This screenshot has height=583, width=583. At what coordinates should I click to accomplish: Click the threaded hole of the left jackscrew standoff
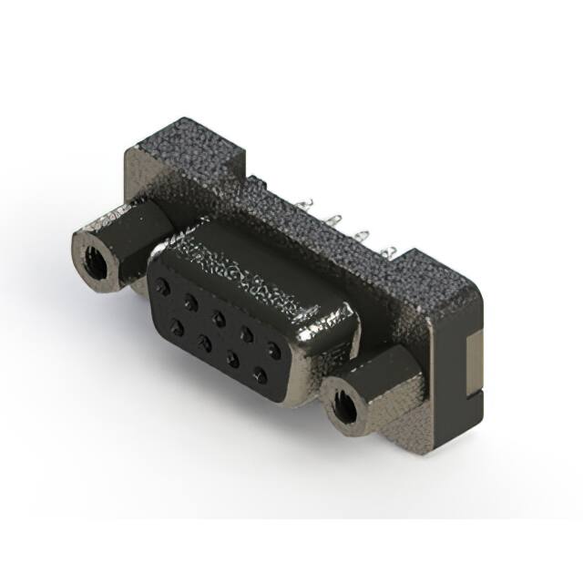coord(94,258)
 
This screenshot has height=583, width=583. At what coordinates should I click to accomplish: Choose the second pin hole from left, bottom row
coord(204,341)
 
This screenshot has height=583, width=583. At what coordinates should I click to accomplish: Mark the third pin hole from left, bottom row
coord(232,358)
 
